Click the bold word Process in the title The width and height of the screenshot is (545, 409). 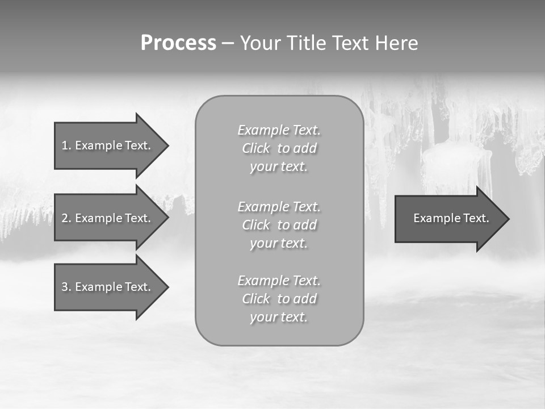pos(178,43)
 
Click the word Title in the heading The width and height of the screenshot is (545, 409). pos(305,43)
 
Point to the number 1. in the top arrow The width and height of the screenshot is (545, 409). pos(66,145)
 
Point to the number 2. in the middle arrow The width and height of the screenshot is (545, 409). pos(66,218)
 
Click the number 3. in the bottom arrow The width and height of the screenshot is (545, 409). pos(66,287)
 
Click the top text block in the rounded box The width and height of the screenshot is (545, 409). pos(279,148)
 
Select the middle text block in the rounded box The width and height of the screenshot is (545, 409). pos(279,225)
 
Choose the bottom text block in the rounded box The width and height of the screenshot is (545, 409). pos(279,299)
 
